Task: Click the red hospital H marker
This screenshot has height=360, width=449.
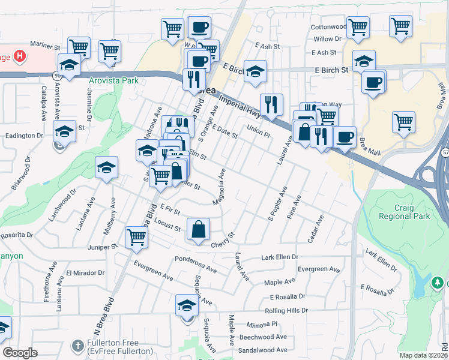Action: (20, 58)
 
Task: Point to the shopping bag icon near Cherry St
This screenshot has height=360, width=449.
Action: (198, 229)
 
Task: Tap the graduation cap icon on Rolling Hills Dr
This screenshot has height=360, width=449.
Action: (187, 305)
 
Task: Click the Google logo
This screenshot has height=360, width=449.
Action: (20, 352)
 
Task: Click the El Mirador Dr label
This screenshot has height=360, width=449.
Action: (86, 273)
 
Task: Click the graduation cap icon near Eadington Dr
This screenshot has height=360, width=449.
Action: (65, 131)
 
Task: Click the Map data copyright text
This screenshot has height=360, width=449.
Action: (423, 355)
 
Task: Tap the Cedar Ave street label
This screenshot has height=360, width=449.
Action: (316, 229)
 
